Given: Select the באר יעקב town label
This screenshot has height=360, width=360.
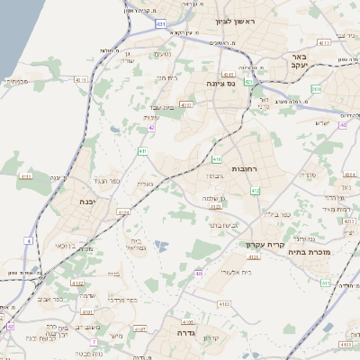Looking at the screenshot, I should pos(300,60).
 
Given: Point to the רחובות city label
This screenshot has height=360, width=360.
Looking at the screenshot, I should pos(244,168).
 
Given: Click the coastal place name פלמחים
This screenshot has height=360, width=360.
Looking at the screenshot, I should pos(17,80).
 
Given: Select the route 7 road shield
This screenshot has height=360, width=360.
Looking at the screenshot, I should pos(93,342).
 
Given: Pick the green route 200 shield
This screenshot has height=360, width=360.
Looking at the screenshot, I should pos(315,89).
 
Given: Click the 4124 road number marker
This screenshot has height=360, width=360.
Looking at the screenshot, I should pos(123,212).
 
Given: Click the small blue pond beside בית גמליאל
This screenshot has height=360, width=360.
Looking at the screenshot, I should pos(160,245).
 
